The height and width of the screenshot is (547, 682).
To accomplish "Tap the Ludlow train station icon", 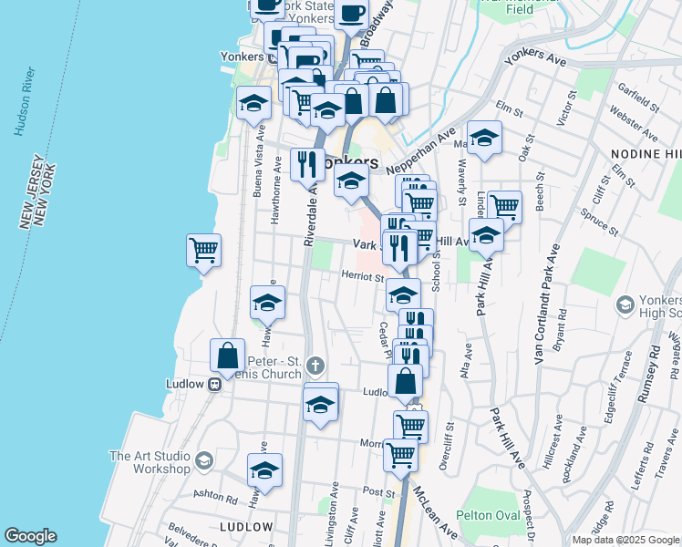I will tap(216, 384).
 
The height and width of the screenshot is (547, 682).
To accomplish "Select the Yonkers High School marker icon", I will tap(625, 303).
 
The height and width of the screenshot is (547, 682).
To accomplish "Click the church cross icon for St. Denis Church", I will tap(315, 366).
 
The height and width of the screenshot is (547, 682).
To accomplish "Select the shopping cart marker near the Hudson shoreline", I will tap(203, 250).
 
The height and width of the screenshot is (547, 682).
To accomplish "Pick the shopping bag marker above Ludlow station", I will tap(227, 356).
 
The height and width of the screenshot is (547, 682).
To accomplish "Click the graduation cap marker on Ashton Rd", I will tap(264, 470).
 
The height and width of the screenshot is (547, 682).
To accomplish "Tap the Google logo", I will tap(30, 536).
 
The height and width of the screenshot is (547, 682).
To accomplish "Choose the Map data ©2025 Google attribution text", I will tap(625, 540).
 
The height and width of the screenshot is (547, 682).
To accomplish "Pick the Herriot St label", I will tap(361, 275).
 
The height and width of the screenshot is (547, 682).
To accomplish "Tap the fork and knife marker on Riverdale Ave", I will tap(305, 164).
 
